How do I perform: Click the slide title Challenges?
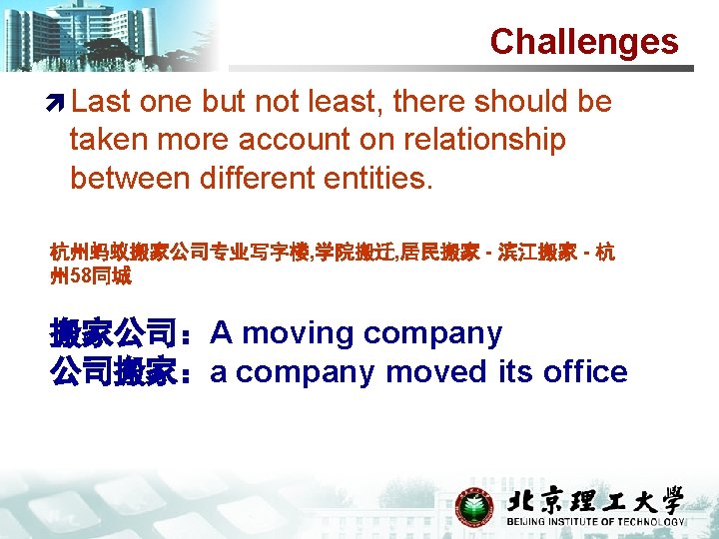(583, 42)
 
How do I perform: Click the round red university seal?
(474, 507)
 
